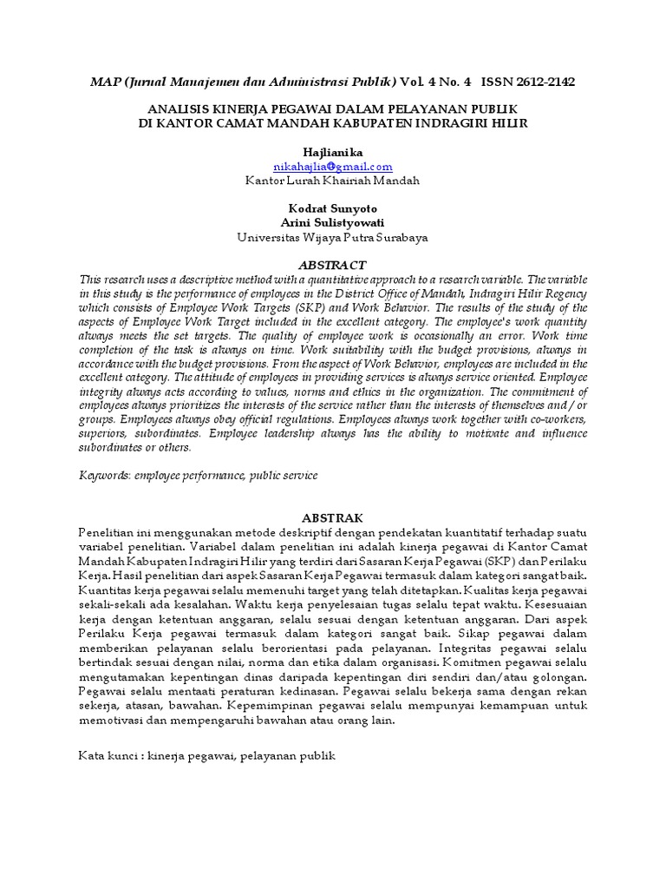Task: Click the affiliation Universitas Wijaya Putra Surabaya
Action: pos(333,236)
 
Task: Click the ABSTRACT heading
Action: pos(333,265)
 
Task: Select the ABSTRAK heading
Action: pos(333,517)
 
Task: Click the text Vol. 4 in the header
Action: pos(420,82)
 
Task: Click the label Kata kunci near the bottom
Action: pos(108,756)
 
